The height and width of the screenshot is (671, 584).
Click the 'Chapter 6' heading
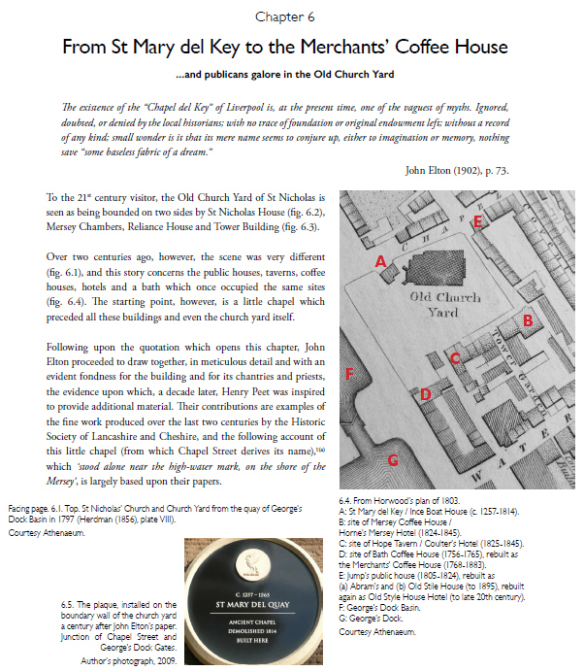(291, 17)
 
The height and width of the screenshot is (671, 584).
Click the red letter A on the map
(381, 261)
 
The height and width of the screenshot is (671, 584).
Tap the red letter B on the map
(528, 319)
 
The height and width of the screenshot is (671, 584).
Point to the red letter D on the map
(425, 394)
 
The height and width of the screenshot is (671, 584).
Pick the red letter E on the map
(478, 222)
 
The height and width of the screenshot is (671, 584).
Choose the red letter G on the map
(393, 460)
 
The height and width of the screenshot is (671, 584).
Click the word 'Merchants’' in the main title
(383, 47)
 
